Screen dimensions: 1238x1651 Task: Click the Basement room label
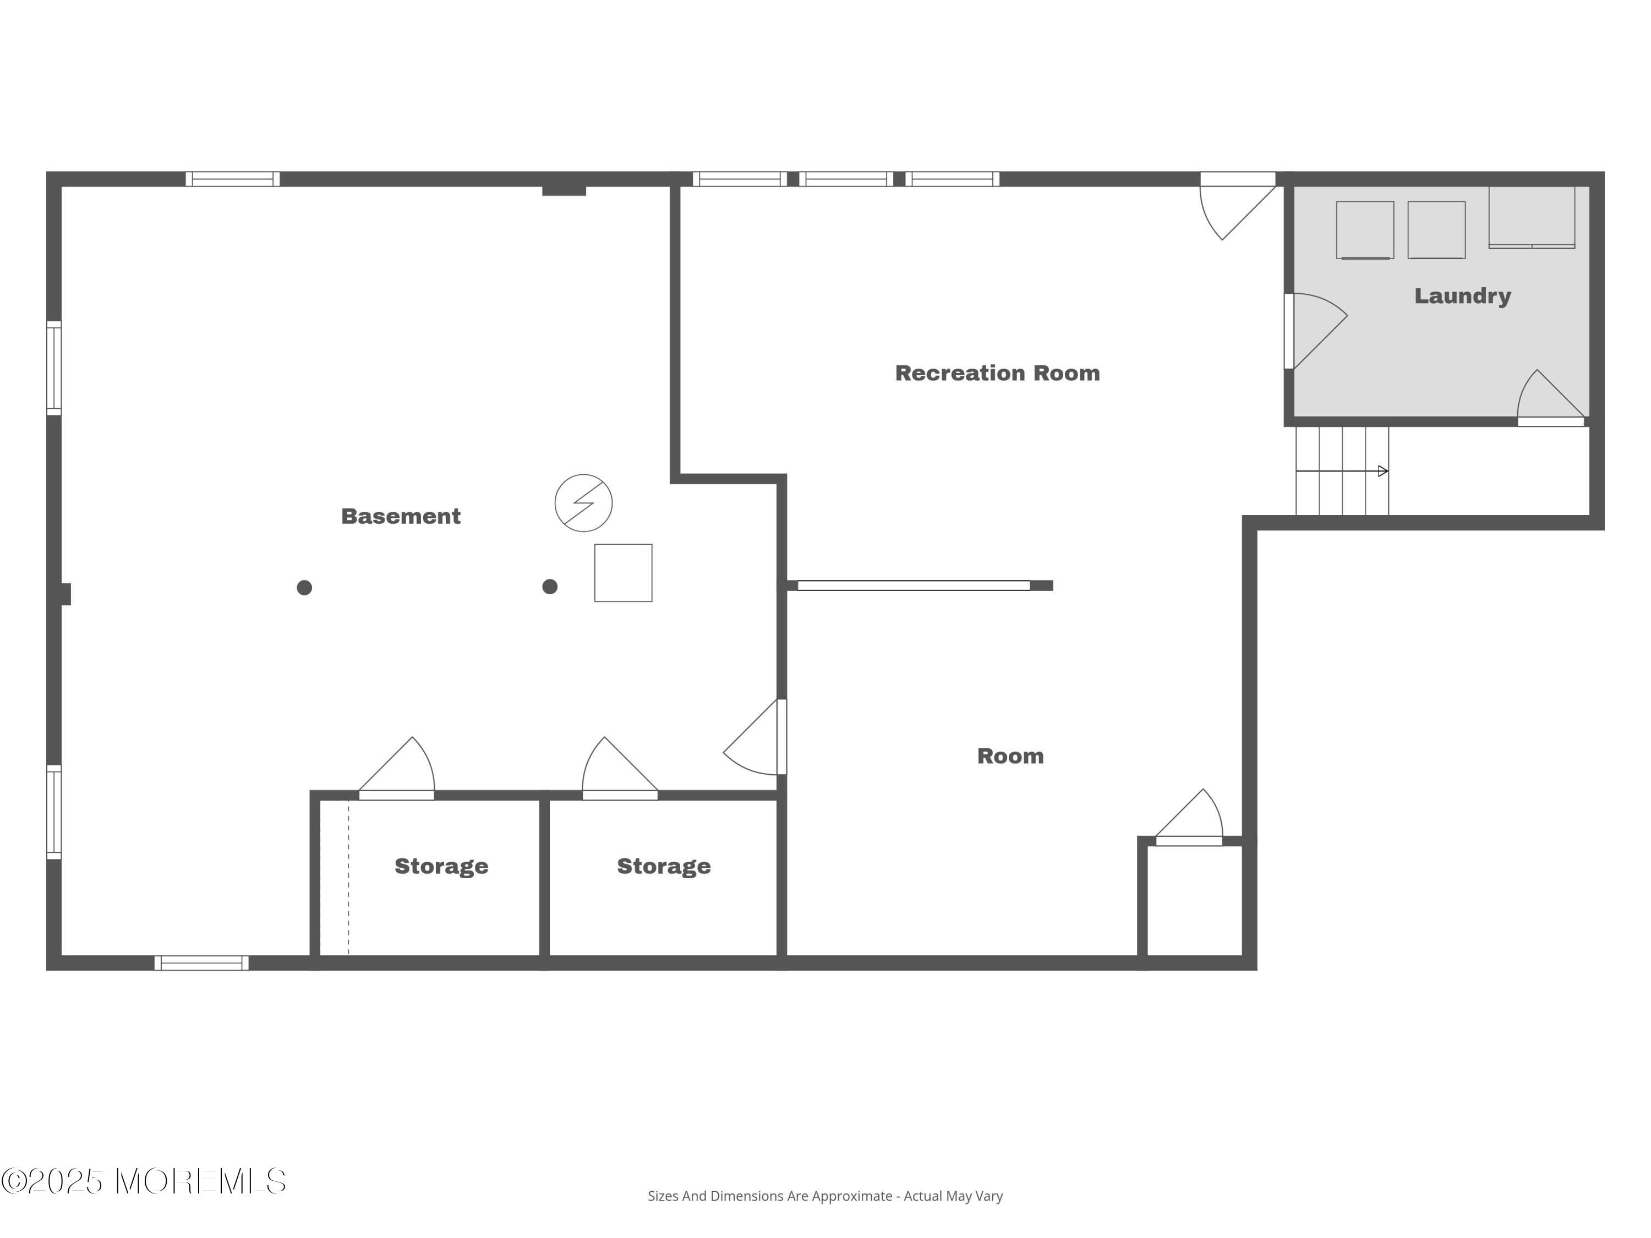[x=401, y=517]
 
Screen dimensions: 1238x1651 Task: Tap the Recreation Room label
[x=997, y=373]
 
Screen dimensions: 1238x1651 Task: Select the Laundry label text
[x=1462, y=295]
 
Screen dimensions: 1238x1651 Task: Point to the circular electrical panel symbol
[x=584, y=503]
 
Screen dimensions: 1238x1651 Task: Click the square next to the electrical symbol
[x=623, y=573]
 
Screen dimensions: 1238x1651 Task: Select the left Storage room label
[x=441, y=867]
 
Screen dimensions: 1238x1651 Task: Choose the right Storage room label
[x=664, y=867]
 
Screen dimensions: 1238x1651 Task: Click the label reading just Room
[x=1010, y=756]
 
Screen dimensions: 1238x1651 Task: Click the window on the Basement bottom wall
[x=201, y=963]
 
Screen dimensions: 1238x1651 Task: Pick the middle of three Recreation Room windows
[x=846, y=179]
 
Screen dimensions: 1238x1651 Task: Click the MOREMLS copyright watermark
[x=143, y=1181]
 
